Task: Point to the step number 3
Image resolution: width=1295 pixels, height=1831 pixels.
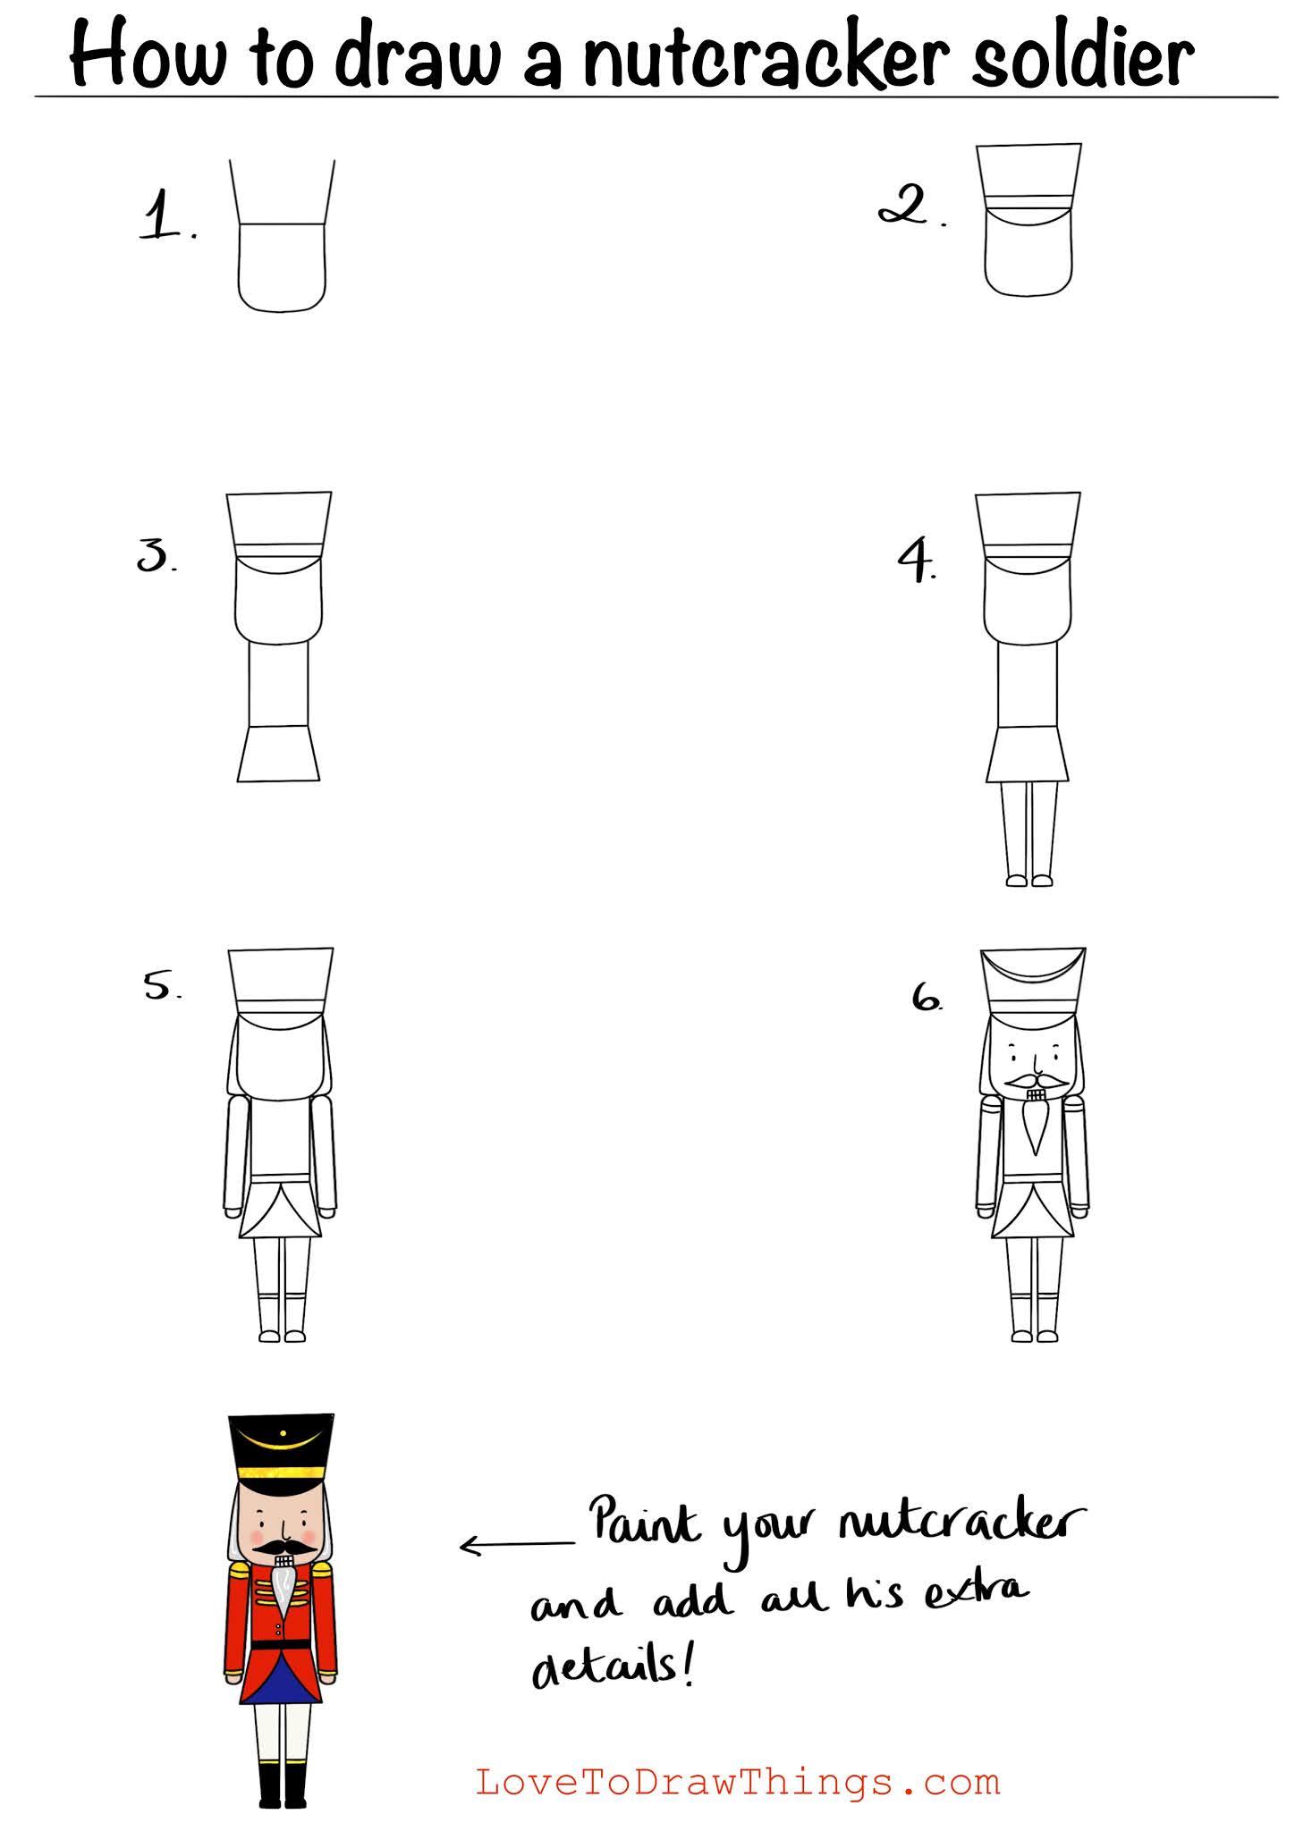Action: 157,555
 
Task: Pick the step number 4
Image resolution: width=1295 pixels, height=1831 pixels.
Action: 918,560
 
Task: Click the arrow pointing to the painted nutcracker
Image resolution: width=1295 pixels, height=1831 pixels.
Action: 517,1544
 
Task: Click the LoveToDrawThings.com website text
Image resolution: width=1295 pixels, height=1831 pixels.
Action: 738,1782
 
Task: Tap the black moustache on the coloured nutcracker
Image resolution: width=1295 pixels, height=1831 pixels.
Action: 283,1546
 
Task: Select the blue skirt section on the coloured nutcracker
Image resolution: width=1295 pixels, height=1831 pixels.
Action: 282,1682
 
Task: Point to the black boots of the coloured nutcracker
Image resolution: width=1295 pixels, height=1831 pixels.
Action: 283,1784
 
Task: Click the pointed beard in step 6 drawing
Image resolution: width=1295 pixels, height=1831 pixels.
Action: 1037,1126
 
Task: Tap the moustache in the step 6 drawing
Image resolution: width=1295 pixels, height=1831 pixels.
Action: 1036,1083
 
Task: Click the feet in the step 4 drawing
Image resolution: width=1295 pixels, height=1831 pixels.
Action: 1029,881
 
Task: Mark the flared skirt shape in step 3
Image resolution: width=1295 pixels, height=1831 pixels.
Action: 278,754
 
